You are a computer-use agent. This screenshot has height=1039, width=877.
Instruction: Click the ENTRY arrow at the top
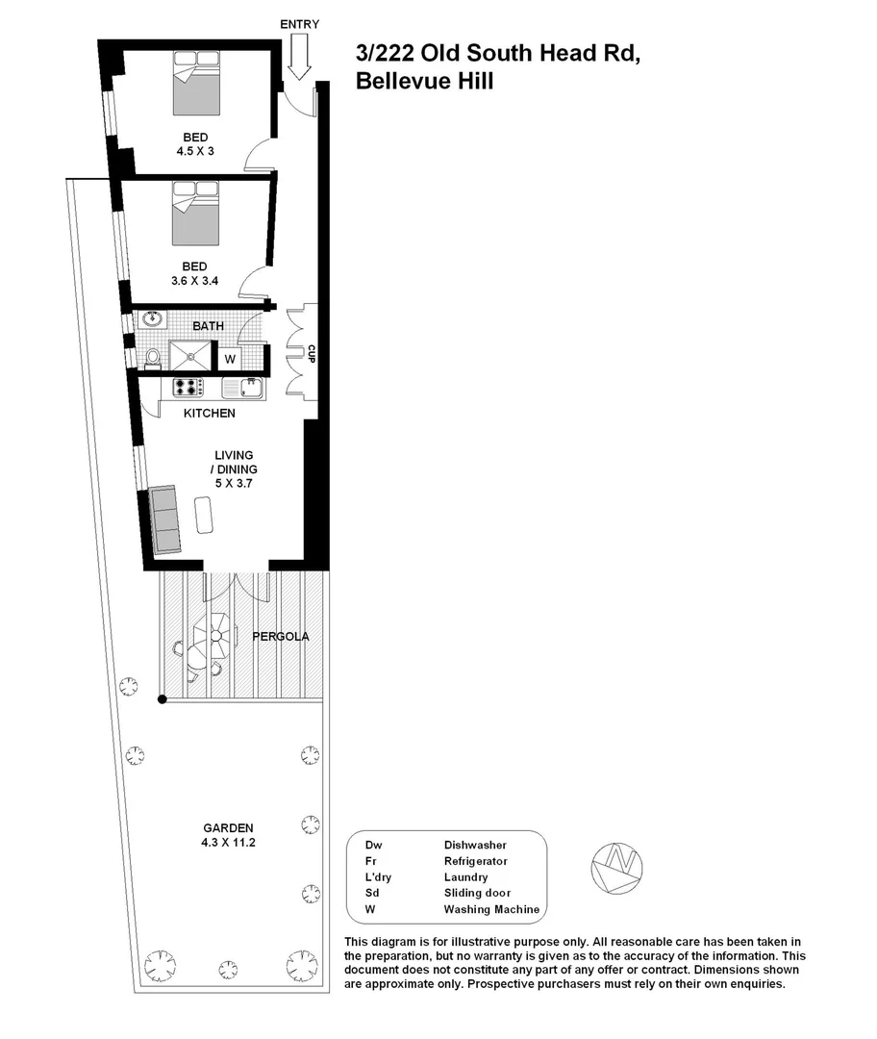(x=298, y=57)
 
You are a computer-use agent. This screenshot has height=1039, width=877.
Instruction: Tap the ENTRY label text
(x=299, y=24)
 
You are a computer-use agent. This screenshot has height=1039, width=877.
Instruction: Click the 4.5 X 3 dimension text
(x=195, y=151)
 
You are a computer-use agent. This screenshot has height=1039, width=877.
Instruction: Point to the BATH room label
(x=208, y=326)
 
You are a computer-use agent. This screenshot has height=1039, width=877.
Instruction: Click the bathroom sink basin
(x=151, y=319)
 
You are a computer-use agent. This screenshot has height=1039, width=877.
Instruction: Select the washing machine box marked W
(x=230, y=359)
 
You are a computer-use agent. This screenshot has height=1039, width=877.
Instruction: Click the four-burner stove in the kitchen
(x=188, y=387)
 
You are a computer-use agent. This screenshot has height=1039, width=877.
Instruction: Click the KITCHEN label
(x=210, y=414)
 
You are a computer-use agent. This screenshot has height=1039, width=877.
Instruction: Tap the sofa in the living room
(x=165, y=519)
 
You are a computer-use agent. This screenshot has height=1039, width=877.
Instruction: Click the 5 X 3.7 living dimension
(x=234, y=484)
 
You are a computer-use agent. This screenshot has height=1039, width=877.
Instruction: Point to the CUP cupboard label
(x=311, y=353)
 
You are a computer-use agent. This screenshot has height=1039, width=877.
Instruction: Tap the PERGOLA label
(x=280, y=636)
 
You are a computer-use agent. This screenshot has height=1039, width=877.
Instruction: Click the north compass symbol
(x=616, y=865)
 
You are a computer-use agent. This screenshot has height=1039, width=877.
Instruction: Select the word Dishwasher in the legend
(x=475, y=845)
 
